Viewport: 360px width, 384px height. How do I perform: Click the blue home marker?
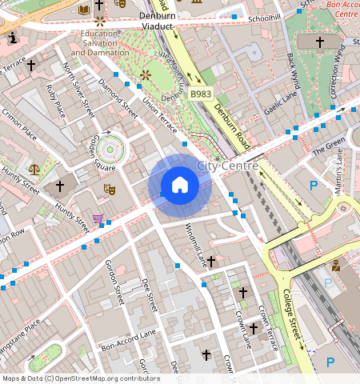[x=180, y=185]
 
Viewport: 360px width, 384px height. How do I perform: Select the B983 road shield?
[x=201, y=94]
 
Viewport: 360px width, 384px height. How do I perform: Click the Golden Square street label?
[x=104, y=152]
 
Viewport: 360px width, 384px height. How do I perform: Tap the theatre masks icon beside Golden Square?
[x=109, y=190]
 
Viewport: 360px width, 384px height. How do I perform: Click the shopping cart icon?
[x=98, y=218]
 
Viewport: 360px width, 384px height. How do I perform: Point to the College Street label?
[x=292, y=312]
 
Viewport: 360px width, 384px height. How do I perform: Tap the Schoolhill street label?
[x=263, y=18]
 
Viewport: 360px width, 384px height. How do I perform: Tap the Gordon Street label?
[x=114, y=285]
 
